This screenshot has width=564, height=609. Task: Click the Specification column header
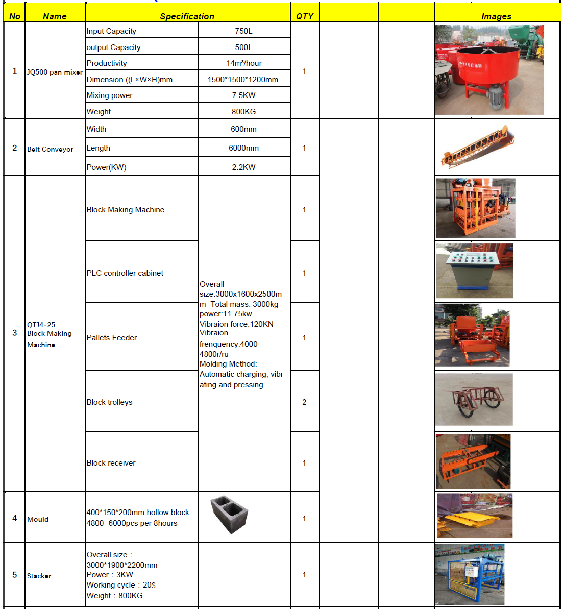(x=187, y=16)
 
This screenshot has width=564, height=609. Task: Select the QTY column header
(x=305, y=16)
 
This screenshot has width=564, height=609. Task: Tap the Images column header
(x=496, y=16)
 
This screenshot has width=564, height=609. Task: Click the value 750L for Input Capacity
(x=243, y=31)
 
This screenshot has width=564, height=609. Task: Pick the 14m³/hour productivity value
(x=244, y=63)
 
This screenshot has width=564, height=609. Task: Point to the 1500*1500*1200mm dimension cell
(x=243, y=80)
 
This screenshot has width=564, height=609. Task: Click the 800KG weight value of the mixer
(x=243, y=112)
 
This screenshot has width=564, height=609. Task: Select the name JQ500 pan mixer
(x=55, y=72)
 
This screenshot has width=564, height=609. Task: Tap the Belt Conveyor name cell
(x=51, y=150)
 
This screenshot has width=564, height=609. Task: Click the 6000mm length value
(x=243, y=148)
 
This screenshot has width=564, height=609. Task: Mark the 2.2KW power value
(x=243, y=167)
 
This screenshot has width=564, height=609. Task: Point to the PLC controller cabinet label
(x=125, y=273)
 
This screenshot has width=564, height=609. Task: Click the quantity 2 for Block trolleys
(x=304, y=402)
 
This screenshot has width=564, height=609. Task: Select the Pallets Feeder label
(x=112, y=338)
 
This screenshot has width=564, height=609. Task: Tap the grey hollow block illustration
(x=229, y=514)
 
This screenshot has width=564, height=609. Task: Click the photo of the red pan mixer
(x=489, y=70)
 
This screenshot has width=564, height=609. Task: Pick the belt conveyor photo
(x=478, y=147)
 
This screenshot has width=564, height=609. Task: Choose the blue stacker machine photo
(x=470, y=574)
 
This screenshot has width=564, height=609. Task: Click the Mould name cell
(x=38, y=519)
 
